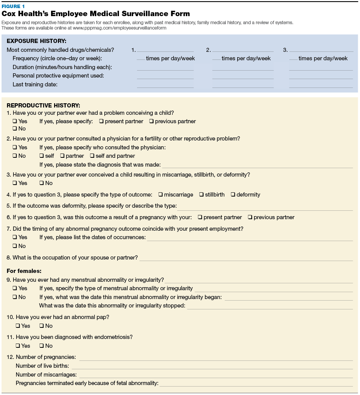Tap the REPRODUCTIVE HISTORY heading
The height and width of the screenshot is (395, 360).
click(43, 105)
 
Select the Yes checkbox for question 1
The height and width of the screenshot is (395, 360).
click(15, 121)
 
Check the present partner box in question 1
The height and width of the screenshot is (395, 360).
click(101, 121)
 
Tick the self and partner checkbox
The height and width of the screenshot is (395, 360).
click(92, 156)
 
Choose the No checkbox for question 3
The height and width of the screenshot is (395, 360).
click(41, 183)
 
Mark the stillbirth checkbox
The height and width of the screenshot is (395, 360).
click(201, 195)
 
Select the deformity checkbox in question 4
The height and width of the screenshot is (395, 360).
click(233, 195)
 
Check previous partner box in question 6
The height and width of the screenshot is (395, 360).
click(250, 217)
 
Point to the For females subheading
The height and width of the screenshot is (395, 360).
click(24, 271)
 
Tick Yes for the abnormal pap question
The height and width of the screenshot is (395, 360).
click(18, 326)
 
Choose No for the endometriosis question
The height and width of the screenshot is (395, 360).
click(41, 346)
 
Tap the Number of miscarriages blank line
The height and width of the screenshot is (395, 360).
click(215, 375)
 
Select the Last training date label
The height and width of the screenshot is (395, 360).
click(35, 84)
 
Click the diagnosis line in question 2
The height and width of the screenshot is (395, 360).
click(257, 165)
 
